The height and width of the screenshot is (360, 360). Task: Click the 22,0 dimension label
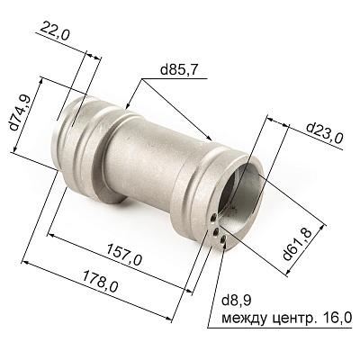pyautogui.click(x=54, y=31)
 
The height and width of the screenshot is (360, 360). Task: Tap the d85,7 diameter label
pyautogui.click(x=179, y=70)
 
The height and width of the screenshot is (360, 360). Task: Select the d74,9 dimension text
pyautogui.click(x=21, y=112)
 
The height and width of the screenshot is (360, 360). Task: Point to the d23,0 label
pyautogui.click(x=325, y=133)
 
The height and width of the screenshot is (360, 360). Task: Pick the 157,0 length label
pyautogui.click(x=123, y=255)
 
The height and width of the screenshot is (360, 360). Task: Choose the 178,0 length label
pyautogui.click(x=101, y=281)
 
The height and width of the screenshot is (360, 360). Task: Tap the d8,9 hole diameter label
pyautogui.click(x=236, y=301)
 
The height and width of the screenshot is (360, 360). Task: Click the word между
pyautogui.click(x=244, y=318)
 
